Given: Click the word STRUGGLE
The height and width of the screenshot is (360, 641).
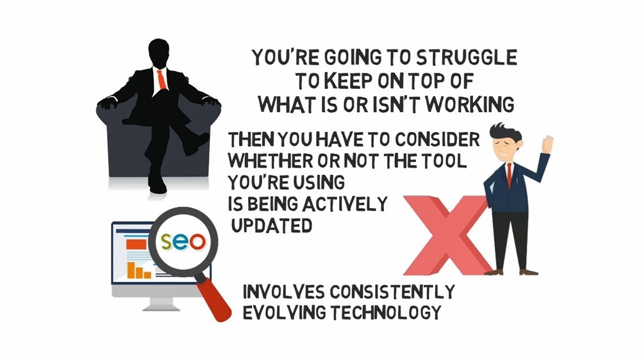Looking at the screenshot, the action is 467,57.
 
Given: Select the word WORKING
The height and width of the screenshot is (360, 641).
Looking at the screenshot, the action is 470,104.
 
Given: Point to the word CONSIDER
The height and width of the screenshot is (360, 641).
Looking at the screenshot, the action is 437,140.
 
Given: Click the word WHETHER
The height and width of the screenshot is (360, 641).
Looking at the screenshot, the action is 271,161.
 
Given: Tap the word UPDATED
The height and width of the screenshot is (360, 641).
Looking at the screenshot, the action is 271,225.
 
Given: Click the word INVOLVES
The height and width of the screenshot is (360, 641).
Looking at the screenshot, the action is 284,291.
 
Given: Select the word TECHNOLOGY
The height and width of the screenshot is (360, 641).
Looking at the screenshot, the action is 386,313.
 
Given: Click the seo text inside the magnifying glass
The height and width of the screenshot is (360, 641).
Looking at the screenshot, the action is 183,241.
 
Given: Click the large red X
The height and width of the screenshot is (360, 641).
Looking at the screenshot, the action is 448,235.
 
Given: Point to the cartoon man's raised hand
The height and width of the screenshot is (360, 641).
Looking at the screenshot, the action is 547,144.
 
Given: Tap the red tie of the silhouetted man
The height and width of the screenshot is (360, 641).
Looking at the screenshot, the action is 162,79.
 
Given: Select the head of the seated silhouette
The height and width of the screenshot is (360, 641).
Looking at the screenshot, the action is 159,53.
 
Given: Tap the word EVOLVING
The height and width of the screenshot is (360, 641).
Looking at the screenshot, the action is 285,313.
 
